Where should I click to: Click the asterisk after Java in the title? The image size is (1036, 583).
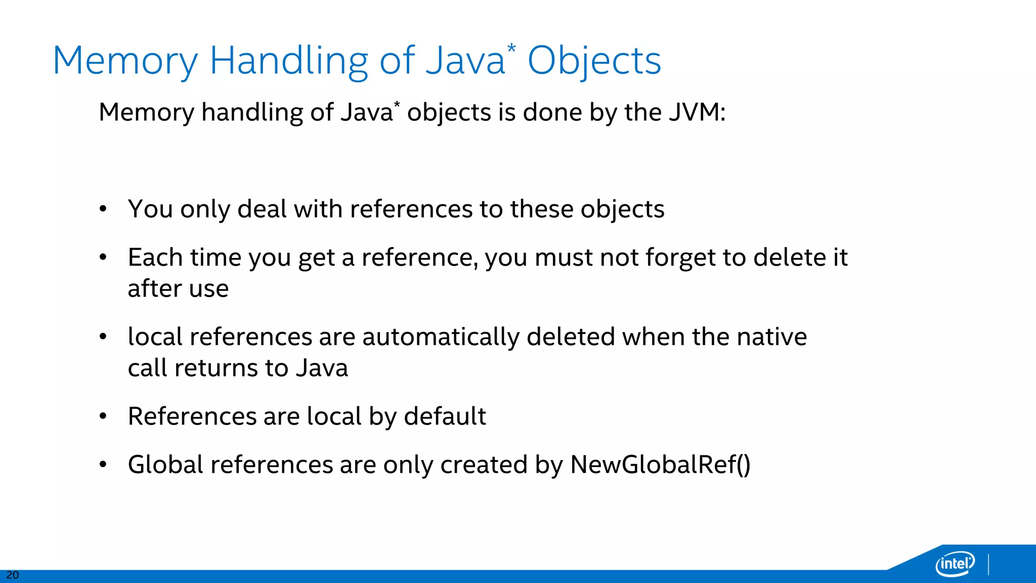click(511, 49)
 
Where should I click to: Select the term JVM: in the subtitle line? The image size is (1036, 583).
click(697, 112)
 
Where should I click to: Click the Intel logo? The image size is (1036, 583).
click(955, 563)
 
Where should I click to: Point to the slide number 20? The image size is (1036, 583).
click(12, 575)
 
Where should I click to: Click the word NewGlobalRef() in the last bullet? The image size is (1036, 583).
click(660, 465)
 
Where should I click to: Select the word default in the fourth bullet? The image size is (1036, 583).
click(445, 416)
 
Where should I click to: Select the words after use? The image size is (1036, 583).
click(178, 289)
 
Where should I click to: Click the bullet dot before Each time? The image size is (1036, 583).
click(103, 258)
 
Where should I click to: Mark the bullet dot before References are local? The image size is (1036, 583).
click(103, 417)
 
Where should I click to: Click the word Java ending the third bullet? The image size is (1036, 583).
click(322, 368)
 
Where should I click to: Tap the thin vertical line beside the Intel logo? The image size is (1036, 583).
click(988, 565)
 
